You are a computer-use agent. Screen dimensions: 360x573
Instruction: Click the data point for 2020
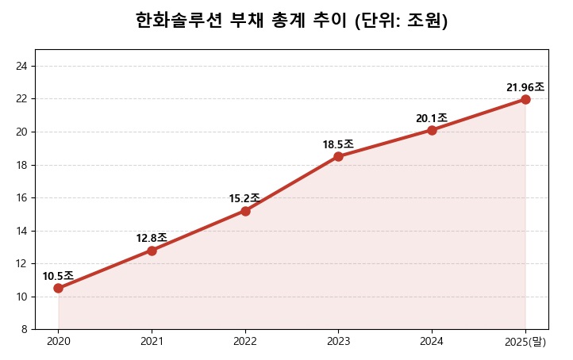[x=58, y=288]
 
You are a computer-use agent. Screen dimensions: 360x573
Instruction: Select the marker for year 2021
[x=152, y=251]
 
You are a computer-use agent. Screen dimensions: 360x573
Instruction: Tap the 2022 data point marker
[x=245, y=211]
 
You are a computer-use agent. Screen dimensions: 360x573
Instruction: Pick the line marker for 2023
[x=338, y=156]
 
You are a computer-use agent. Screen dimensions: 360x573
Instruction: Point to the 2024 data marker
[x=432, y=130]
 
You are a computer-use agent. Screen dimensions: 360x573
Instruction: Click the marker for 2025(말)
[x=525, y=99]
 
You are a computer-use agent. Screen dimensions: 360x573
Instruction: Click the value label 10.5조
[x=58, y=276]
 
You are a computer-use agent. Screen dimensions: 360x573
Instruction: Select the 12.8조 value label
[x=152, y=238]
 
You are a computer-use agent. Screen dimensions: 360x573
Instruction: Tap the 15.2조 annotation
[x=244, y=198]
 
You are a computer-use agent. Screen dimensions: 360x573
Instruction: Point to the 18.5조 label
[x=338, y=144]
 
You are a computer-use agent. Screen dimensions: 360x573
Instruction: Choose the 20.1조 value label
[x=432, y=118]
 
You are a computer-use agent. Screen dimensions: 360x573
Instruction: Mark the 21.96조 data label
[x=525, y=87]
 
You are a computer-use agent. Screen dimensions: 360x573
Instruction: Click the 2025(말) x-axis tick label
[x=525, y=342]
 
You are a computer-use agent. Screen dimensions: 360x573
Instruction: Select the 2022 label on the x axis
[x=245, y=342]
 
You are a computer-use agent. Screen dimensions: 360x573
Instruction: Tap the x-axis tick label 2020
[x=58, y=342]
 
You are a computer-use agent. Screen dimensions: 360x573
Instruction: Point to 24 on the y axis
[x=22, y=66]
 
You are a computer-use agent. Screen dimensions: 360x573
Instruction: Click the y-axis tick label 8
[x=25, y=329]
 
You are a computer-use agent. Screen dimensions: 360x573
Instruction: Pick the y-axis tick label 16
[x=22, y=197]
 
